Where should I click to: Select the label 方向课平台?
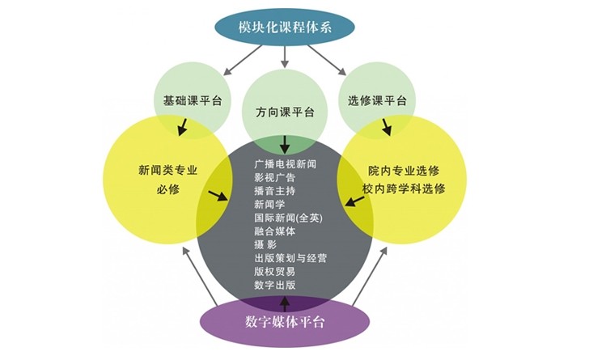coord(285,112)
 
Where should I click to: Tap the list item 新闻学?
coord(270,205)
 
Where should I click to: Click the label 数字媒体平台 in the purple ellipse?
coord(285,323)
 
